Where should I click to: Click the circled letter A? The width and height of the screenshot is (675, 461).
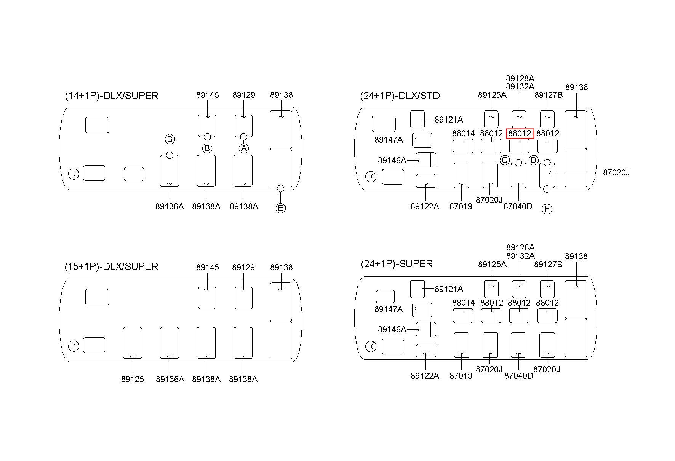pyautogui.click(x=244, y=148)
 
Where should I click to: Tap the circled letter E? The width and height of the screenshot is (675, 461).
pyautogui.click(x=281, y=208)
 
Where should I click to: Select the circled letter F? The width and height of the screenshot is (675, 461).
pyautogui.click(x=547, y=209)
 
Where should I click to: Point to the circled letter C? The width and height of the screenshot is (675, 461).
pyautogui.click(x=505, y=160)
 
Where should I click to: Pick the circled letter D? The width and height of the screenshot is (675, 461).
pyautogui.click(x=533, y=160)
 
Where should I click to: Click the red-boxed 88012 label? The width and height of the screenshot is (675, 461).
pyautogui.click(x=520, y=134)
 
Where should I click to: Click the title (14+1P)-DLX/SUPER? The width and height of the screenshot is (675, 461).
pyautogui.click(x=112, y=96)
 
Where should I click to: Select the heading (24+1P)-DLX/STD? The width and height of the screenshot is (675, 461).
pyautogui.click(x=400, y=96)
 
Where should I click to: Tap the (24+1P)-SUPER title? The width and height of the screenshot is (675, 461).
pyautogui.click(x=397, y=264)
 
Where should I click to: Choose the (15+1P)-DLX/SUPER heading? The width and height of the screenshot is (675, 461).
pyautogui.click(x=111, y=266)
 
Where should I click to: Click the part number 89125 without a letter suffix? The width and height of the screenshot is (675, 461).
pyautogui.click(x=133, y=379)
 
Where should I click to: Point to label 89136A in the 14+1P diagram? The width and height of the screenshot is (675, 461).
pyautogui.click(x=170, y=206)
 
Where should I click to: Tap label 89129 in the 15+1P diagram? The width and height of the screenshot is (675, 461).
pyautogui.click(x=243, y=267)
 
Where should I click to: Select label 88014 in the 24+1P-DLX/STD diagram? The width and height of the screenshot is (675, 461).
pyautogui.click(x=464, y=134)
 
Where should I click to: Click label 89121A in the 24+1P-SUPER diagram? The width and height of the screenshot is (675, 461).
pyautogui.click(x=449, y=289)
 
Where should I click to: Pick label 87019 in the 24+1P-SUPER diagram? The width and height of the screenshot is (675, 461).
pyautogui.click(x=461, y=376)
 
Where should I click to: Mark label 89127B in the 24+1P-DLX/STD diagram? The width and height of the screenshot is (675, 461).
pyautogui.click(x=548, y=95)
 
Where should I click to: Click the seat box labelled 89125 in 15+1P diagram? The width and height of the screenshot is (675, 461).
pyautogui.click(x=133, y=343)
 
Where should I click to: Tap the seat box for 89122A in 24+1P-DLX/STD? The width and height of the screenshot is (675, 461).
pyautogui.click(x=426, y=181)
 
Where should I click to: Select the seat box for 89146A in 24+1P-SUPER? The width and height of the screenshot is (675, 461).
pyautogui.click(x=426, y=329)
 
